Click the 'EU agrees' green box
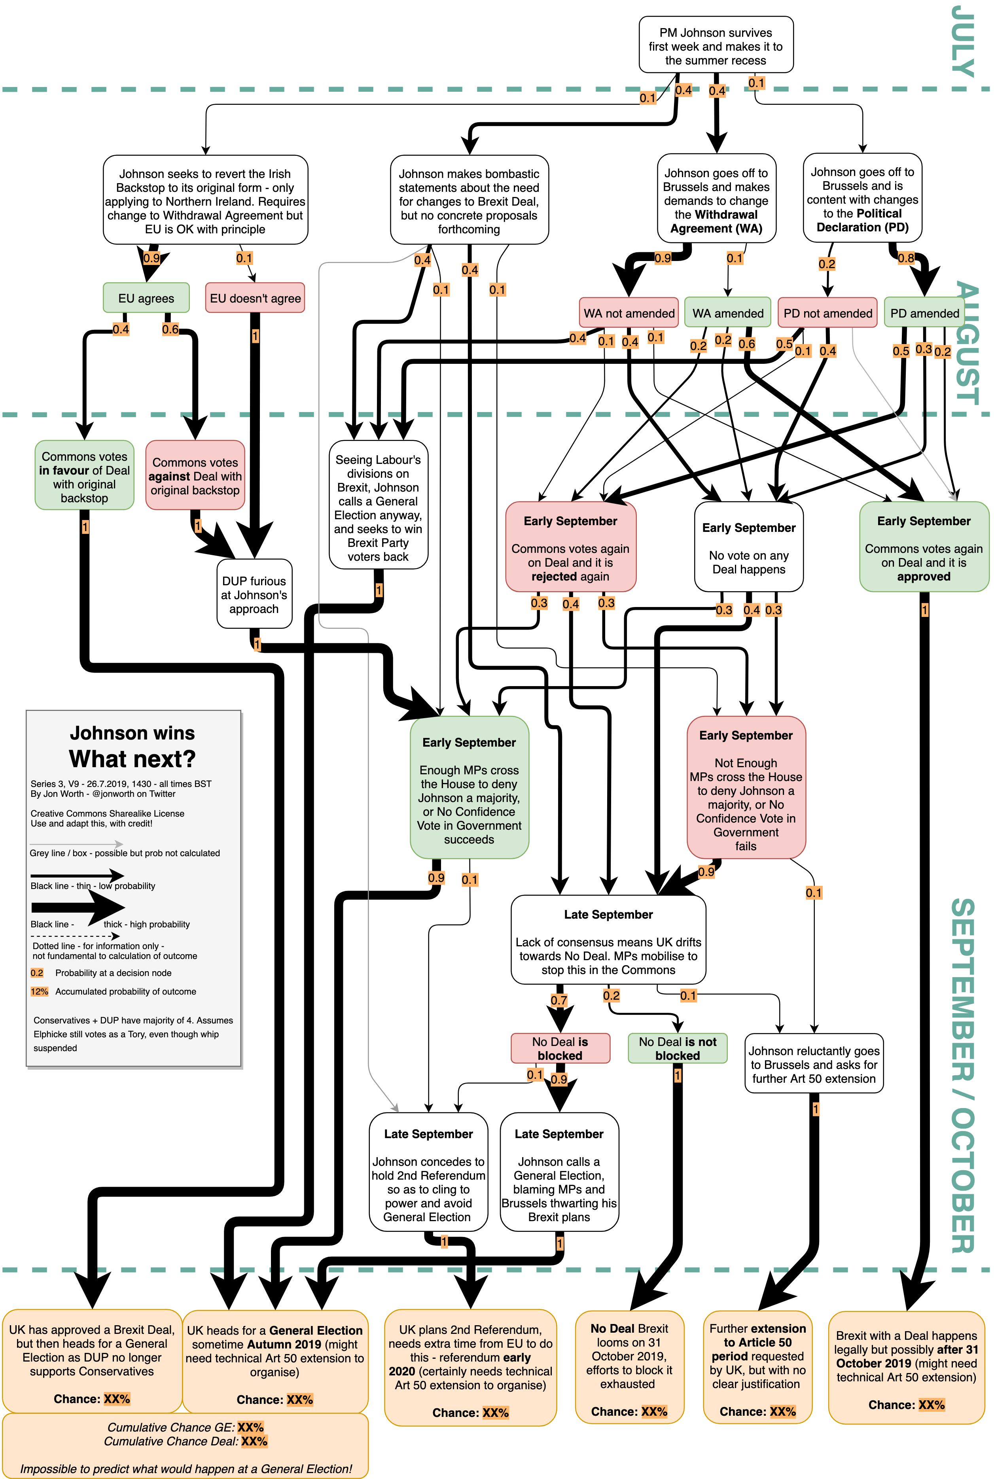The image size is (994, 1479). [x=146, y=298]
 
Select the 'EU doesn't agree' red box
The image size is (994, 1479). [x=255, y=298]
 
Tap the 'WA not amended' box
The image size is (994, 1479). [x=629, y=313]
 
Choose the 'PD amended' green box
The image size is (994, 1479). [x=924, y=313]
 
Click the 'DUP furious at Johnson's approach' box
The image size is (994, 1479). [x=254, y=594]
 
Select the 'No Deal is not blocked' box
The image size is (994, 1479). [x=677, y=1048]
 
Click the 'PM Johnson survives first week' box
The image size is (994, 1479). [x=716, y=45]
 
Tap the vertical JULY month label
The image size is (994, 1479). [x=963, y=41]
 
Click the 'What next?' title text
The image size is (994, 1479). [x=133, y=758]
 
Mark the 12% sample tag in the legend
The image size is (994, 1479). [x=39, y=991]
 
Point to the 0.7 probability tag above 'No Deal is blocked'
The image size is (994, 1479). [x=559, y=1000]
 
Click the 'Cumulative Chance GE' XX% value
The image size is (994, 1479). [x=250, y=1427]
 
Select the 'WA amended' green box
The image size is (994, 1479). [x=728, y=313]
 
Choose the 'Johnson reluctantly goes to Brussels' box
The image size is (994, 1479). [x=814, y=1065]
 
